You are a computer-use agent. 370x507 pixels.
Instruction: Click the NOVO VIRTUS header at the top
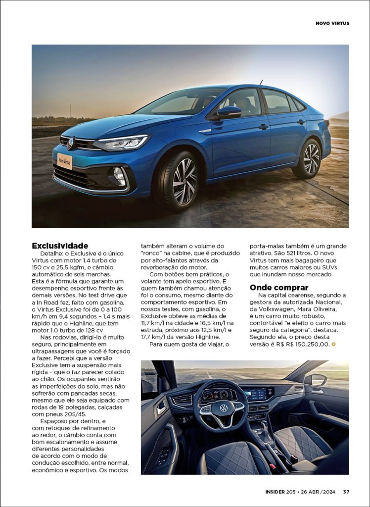[332, 23]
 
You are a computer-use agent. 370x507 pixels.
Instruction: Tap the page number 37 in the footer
[346, 492]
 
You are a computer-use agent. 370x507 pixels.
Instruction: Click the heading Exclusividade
[60, 246]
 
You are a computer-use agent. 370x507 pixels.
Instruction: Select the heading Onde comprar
[279, 288]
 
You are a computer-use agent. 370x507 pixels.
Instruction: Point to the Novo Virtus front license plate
[65, 160]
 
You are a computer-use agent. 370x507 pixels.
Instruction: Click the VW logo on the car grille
[71, 143]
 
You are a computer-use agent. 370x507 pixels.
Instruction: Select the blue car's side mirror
[228, 112]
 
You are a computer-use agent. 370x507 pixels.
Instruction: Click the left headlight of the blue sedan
[121, 143]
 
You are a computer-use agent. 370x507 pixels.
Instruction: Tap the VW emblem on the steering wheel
[224, 408]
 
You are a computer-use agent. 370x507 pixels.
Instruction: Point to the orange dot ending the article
[334, 344]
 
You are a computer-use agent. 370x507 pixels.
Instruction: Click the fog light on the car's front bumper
[119, 174]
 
